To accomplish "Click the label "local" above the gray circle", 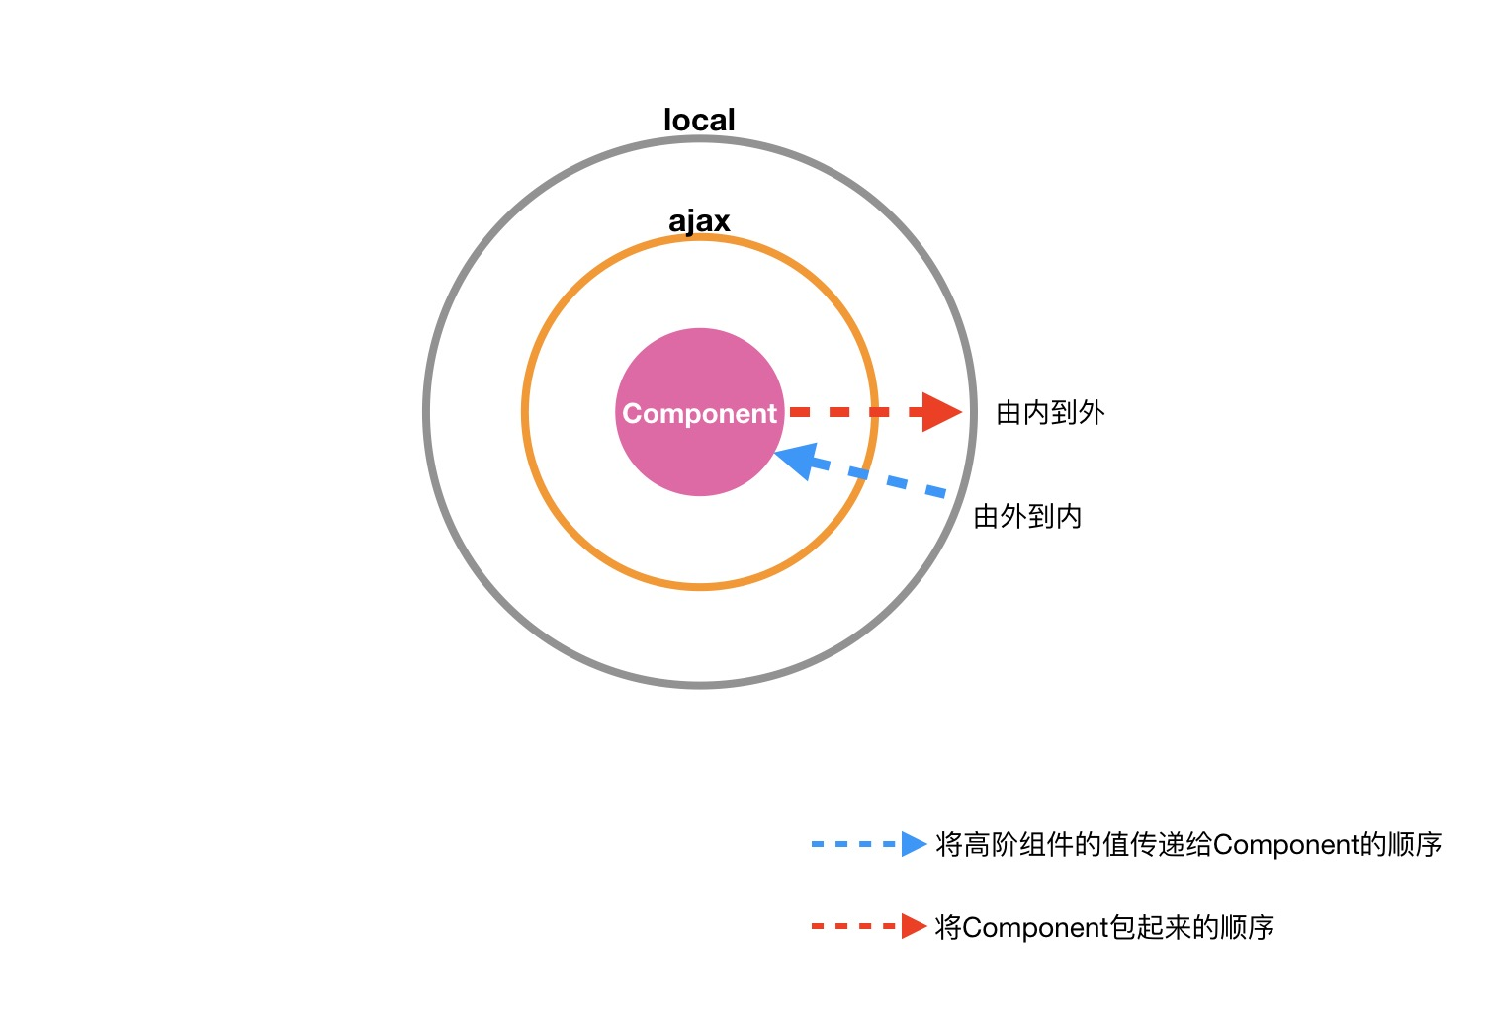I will tap(699, 121).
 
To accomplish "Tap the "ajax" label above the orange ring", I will tap(699, 221).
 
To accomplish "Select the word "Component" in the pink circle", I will tap(699, 413).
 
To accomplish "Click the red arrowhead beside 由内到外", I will tap(940, 412).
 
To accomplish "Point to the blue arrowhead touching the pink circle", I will tap(795, 460).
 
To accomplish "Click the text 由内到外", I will tap(1050, 413).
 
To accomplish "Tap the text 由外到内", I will tap(1027, 516).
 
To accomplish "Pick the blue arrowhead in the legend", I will tap(914, 844).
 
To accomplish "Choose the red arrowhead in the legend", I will tap(914, 926).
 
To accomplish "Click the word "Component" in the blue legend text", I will tap(1285, 845).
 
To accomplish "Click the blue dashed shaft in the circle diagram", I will tap(890, 481).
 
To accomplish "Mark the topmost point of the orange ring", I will tap(700, 237).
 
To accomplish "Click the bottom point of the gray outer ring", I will tap(700, 683).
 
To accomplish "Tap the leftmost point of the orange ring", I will tap(525, 412).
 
